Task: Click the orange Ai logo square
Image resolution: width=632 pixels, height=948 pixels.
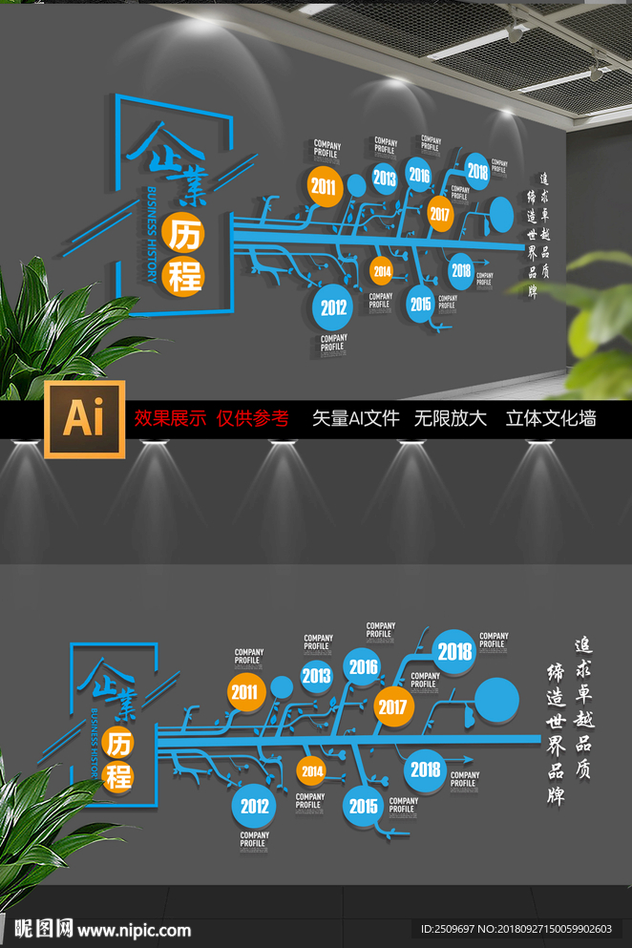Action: [x=83, y=418]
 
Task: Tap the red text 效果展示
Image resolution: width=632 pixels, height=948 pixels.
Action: [x=169, y=418]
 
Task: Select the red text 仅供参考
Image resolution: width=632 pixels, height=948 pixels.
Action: [x=252, y=418]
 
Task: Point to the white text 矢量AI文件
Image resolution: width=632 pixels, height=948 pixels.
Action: [x=355, y=418]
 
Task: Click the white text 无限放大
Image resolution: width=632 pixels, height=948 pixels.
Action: [x=450, y=418]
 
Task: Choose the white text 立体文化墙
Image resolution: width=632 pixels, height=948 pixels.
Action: [x=551, y=418]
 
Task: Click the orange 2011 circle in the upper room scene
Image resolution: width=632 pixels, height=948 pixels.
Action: [x=324, y=187]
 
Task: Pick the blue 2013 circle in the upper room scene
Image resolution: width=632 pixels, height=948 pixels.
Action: [x=385, y=178]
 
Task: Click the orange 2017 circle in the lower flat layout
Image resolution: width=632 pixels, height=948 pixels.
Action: [x=392, y=707]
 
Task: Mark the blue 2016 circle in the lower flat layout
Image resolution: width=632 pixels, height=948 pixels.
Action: [x=364, y=667]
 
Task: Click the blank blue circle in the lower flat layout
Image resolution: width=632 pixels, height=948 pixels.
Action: [x=497, y=700]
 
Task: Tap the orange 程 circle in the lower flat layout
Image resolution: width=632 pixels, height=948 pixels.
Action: [x=119, y=775]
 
